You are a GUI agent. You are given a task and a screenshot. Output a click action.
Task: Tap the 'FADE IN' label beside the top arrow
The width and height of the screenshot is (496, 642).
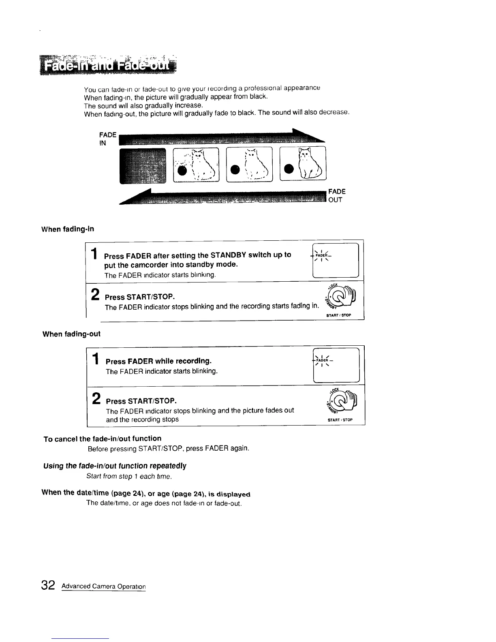(108, 139)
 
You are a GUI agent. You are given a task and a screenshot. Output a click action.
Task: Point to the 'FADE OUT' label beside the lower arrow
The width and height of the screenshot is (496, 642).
(336, 195)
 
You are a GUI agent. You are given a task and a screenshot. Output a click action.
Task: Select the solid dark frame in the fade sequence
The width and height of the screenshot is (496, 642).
(143, 165)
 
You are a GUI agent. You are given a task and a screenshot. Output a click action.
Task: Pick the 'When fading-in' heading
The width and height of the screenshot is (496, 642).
(68, 229)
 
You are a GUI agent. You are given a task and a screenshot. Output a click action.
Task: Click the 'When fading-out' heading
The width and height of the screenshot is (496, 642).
(71, 334)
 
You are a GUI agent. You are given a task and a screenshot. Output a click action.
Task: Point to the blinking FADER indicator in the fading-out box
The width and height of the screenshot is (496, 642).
(322, 360)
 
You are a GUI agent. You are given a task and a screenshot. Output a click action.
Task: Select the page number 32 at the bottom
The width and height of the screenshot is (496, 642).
(48, 585)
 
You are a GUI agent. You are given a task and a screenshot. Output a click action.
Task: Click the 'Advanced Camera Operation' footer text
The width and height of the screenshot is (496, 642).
(103, 586)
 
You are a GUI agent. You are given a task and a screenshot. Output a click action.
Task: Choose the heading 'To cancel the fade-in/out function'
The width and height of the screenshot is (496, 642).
(102, 439)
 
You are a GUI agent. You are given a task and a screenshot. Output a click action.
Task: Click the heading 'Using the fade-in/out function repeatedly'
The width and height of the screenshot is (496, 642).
(115, 466)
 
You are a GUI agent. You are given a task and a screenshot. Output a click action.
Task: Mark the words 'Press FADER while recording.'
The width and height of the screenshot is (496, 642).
(159, 361)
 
